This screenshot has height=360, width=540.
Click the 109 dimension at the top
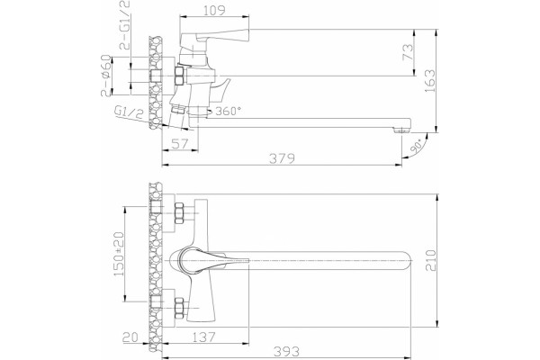(x=214, y=10)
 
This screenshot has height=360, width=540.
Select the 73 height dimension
(x=408, y=51)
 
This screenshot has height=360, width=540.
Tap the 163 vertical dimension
(x=430, y=81)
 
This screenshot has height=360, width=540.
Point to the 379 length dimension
(x=282, y=158)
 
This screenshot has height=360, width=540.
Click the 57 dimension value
(x=180, y=143)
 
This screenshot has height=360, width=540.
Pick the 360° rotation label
(x=229, y=111)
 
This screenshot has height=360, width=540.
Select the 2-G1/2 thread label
(x=125, y=25)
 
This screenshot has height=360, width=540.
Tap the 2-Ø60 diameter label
(x=106, y=76)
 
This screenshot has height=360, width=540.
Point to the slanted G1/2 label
(x=129, y=112)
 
